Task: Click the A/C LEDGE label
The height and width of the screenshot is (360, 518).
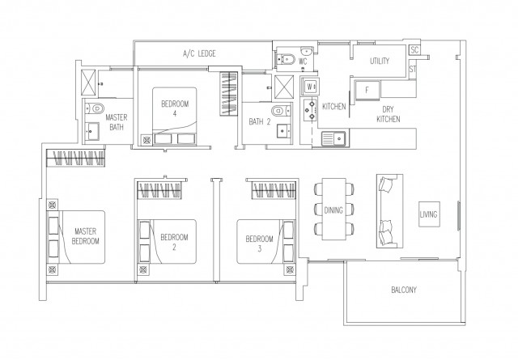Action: pyautogui.click(x=199, y=53)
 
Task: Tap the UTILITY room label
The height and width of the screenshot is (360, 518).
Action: pyautogui.click(x=380, y=61)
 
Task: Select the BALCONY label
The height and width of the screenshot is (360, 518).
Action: pyautogui.click(x=404, y=290)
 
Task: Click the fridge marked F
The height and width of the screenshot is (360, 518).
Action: pyautogui.click(x=367, y=90)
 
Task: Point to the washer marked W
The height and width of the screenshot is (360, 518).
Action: pyautogui.click(x=309, y=87)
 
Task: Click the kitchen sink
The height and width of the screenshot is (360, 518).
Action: pyautogui.click(x=333, y=138)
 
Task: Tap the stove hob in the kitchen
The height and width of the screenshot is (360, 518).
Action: pyautogui.click(x=310, y=110)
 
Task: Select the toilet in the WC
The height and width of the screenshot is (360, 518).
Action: pyautogui.click(x=286, y=59)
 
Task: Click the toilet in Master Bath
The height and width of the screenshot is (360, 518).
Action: pyautogui.click(x=95, y=108)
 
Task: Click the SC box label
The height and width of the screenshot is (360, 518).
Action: pyautogui.click(x=414, y=50)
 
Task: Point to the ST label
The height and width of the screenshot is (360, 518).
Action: pyautogui.click(x=413, y=70)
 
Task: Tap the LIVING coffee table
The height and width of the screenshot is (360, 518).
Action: pyautogui.click(x=429, y=214)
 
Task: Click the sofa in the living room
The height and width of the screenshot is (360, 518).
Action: pyautogui.click(x=389, y=211)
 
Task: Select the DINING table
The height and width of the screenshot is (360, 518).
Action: pyautogui.click(x=333, y=209)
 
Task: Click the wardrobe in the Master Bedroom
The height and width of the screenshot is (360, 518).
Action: pyautogui.click(x=76, y=158)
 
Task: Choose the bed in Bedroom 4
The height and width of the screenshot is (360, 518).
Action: pyautogui.click(x=175, y=116)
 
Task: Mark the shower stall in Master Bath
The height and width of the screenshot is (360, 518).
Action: pyautogui.click(x=88, y=83)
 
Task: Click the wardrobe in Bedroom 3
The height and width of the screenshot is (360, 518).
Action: pyautogui.click(x=274, y=190)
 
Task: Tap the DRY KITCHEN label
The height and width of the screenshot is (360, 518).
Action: pyautogui.click(x=388, y=114)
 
